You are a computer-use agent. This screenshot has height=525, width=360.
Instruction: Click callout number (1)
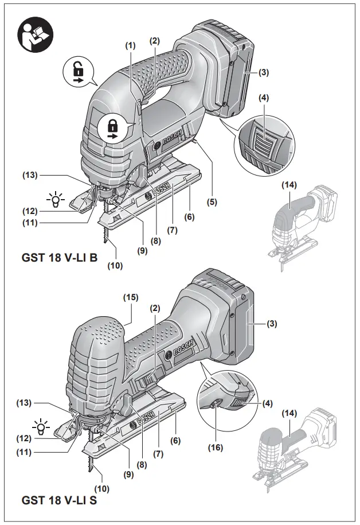point(131,45)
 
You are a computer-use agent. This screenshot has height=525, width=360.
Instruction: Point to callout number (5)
point(213,201)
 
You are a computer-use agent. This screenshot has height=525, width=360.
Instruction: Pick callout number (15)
point(131,297)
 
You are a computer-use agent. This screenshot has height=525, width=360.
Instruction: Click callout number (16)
point(216,447)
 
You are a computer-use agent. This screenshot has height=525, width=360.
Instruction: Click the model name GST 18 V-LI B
point(60,258)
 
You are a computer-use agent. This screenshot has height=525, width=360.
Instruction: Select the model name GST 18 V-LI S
point(60,500)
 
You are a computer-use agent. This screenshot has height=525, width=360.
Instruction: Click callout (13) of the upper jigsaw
point(30,174)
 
